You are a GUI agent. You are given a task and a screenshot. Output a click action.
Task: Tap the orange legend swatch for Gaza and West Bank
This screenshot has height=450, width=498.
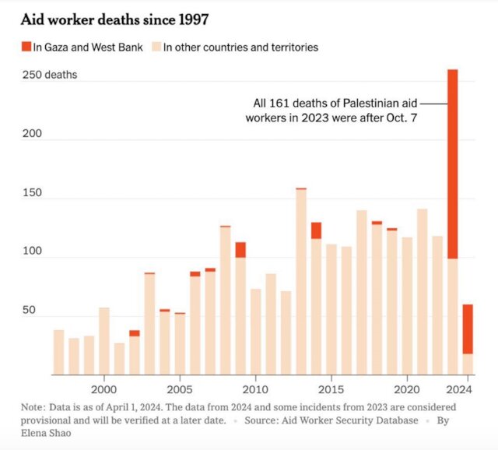pos(25,47)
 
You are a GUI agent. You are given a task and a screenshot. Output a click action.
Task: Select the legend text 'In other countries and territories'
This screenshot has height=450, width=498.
pos(240,47)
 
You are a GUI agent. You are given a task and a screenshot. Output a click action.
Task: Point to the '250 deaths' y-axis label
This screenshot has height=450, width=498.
pos(51,76)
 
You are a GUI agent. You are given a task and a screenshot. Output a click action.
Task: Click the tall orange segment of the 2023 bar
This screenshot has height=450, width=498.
pos(452,163)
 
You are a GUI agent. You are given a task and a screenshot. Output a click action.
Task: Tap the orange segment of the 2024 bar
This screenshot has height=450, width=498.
pos(468,329)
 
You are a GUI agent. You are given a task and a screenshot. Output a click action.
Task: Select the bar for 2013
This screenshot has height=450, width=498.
pos(300,281)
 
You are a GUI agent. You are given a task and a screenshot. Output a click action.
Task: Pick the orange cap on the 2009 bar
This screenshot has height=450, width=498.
pos(240,249)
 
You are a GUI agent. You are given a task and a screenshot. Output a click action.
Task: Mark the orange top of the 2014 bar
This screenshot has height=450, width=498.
pos(316,230)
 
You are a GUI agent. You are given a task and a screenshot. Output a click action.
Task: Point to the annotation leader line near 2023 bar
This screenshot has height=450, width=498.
pos(435,103)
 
